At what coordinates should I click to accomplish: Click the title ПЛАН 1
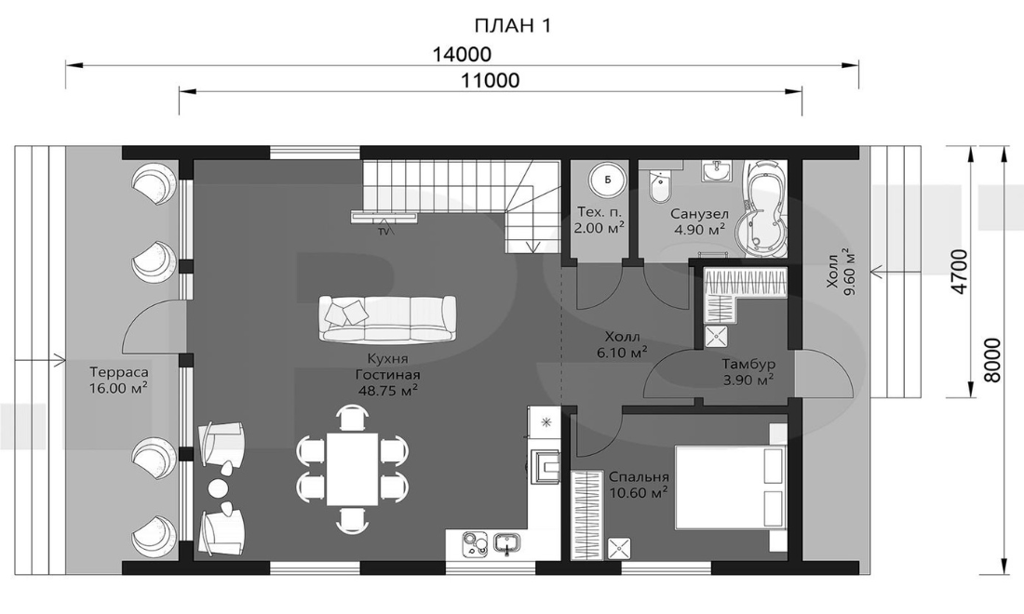click(513, 25)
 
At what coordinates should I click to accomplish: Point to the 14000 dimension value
click(462, 54)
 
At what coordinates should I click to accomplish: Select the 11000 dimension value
click(491, 80)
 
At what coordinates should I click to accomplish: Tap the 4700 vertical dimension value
click(960, 271)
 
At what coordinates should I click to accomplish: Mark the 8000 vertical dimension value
click(991, 360)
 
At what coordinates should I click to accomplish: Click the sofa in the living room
click(388, 318)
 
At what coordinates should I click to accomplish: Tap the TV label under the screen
click(384, 231)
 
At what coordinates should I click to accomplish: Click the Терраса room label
click(119, 372)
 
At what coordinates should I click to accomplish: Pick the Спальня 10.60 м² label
click(638, 484)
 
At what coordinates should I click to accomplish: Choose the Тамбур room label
click(748, 364)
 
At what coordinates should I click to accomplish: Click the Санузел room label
click(699, 214)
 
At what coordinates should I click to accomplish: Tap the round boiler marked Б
click(608, 180)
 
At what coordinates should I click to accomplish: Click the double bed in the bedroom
click(730, 486)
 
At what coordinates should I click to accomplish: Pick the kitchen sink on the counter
click(506, 543)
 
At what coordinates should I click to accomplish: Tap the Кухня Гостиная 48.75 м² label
click(388, 375)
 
